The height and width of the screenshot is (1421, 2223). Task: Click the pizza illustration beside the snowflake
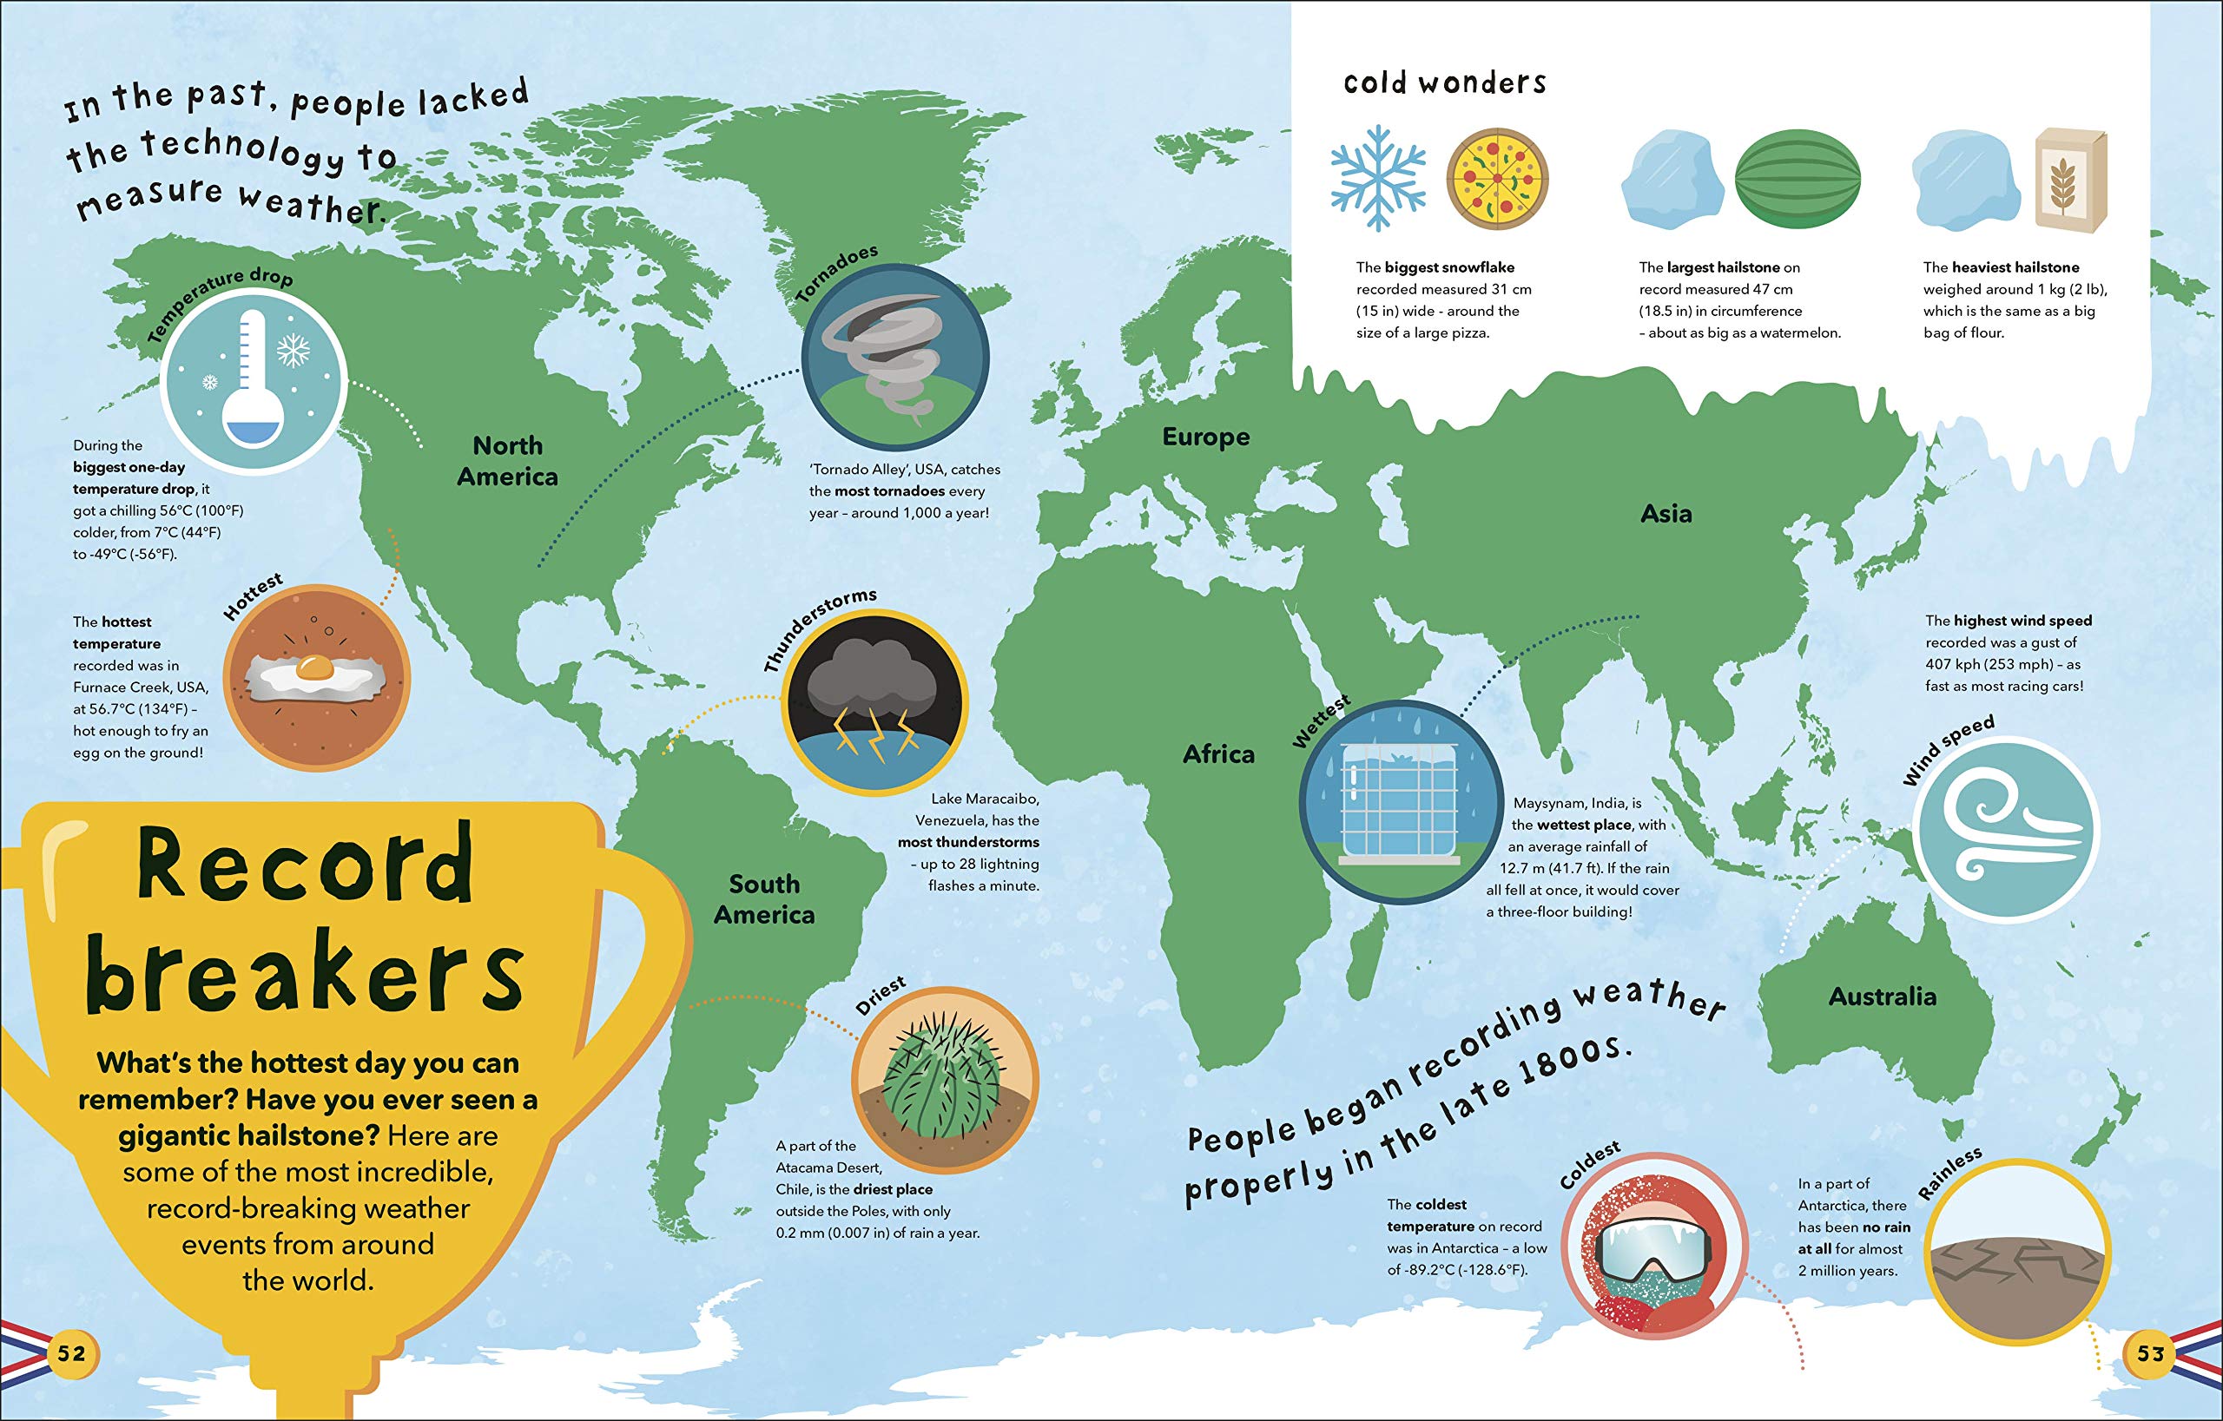tap(1496, 179)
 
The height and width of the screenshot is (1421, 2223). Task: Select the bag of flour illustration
tap(2071, 180)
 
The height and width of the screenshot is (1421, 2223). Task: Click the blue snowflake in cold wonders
tap(1377, 178)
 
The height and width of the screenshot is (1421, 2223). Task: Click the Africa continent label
tap(1218, 755)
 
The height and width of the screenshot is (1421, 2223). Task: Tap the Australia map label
tap(1883, 997)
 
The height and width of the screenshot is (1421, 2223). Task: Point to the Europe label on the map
tap(1205, 437)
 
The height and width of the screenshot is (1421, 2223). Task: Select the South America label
tap(764, 898)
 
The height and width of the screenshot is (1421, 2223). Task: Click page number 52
tap(71, 1353)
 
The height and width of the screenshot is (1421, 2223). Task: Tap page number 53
tap(2151, 1353)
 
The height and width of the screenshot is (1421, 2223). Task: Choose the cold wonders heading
tap(1445, 83)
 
